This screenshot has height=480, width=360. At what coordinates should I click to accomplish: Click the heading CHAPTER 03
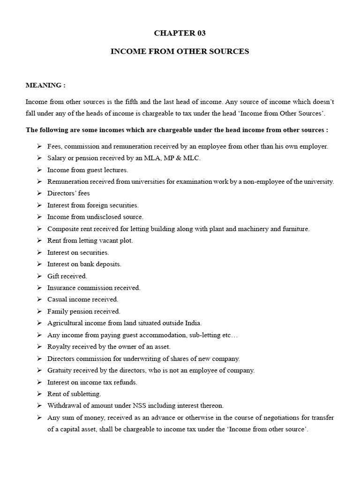(x=180, y=33)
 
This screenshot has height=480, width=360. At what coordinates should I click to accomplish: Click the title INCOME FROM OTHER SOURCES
(x=180, y=52)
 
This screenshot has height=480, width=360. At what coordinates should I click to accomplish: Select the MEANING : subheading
(x=45, y=85)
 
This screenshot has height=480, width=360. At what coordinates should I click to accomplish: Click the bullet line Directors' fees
(x=68, y=193)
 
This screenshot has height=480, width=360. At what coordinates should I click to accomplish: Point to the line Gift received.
(x=67, y=276)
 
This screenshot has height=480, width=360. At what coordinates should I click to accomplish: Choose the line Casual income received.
(x=82, y=300)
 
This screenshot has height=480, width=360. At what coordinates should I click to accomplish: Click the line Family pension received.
(x=83, y=311)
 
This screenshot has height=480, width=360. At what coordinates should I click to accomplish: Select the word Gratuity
(x=60, y=370)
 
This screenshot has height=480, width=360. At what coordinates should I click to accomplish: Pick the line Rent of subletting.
(x=74, y=394)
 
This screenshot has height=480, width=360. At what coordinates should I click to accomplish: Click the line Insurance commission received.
(x=94, y=288)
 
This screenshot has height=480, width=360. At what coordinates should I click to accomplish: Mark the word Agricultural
(x=66, y=323)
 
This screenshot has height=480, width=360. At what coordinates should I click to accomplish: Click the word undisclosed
(x=100, y=217)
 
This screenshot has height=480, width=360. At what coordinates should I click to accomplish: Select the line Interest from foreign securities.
(x=93, y=205)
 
